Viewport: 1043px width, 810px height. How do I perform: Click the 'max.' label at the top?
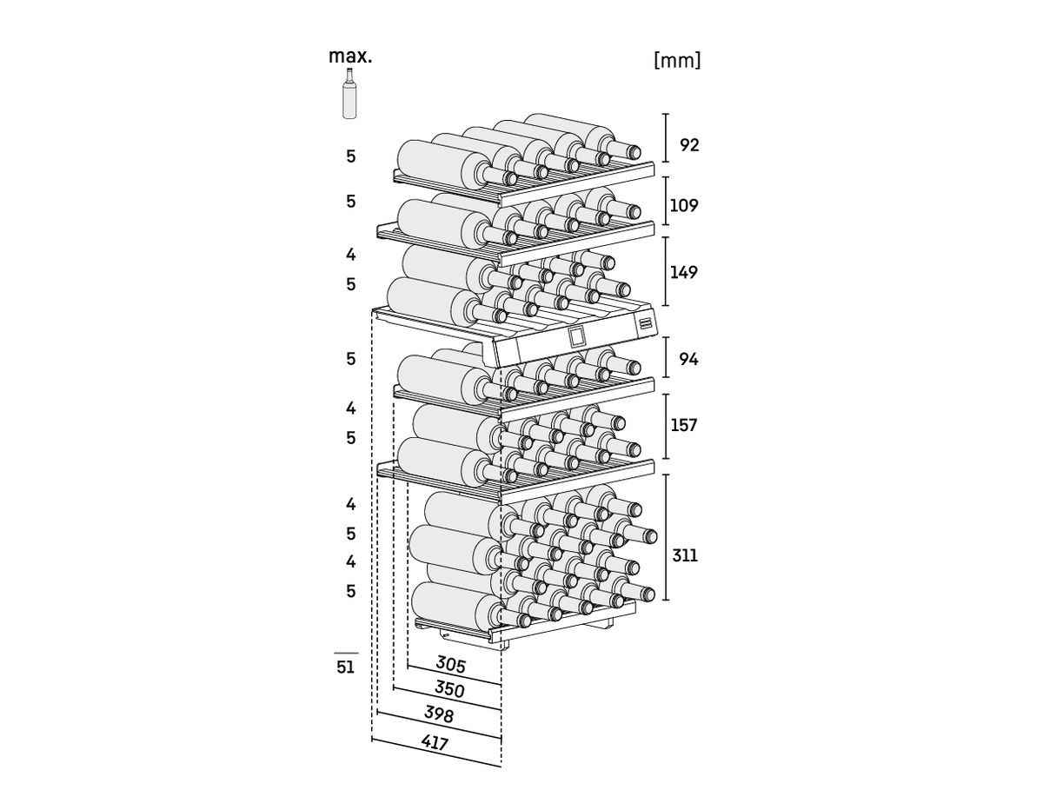[x=350, y=56]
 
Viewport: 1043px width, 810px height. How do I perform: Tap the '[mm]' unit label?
[x=677, y=60]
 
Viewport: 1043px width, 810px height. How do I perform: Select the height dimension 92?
[x=689, y=144]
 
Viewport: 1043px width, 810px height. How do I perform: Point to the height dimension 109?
[x=684, y=206]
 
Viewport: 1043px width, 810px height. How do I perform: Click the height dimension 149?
[x=684, y=272]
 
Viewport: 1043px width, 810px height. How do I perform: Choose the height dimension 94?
[x=689, y=358]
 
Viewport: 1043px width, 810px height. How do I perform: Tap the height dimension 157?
[x=684, y=425]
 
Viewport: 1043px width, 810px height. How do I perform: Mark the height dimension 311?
[x=685, y=554]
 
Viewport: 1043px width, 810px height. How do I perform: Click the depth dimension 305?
[x=451, y=665]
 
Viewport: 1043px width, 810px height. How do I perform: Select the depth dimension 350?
[x=449, y=690]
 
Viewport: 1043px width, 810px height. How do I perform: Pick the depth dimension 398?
[x=439, y=714]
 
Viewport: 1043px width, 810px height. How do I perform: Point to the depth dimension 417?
[x=435, y=744]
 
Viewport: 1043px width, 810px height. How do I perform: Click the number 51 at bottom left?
[x=346, y=667]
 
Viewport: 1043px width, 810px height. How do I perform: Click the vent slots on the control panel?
[x=645, y=323]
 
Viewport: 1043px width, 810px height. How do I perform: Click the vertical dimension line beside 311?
[x=666, y=537]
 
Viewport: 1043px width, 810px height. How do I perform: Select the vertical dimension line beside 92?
[x=666, y=137]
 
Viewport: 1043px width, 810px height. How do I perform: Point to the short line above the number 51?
[x=346, y=653]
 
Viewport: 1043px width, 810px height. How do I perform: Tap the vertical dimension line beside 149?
[x=666, y=271]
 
